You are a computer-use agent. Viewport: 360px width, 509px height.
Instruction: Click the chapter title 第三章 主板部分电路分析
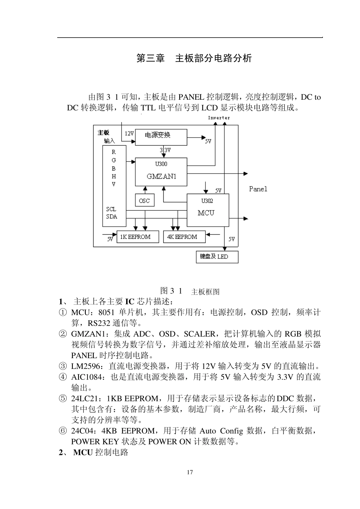click(194, 58)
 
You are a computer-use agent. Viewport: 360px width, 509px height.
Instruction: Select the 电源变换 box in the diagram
click(161, 137)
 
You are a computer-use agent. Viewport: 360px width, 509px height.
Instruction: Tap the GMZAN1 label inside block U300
click(161, 176)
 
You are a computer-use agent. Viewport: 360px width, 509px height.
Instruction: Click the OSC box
click(144, 200)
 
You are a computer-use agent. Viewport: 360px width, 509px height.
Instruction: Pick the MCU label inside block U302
click(206, 213)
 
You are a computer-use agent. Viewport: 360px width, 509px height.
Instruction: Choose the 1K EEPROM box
click(137, 237)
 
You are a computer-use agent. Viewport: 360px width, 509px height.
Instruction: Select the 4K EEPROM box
click(184, 237)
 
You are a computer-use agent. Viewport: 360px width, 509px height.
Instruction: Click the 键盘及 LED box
click(217, 257)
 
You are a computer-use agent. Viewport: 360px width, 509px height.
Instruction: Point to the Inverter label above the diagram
click(219, 118)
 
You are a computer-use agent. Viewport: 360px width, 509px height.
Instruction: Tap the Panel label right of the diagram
click(258, 189)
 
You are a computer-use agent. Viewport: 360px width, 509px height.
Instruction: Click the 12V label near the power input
click(129, 133)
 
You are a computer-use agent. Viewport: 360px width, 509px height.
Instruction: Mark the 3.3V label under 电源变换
click(165, 150)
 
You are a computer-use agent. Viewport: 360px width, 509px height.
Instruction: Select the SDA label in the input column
click(112, 216)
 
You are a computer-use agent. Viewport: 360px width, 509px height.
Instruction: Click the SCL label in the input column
click(111, 209)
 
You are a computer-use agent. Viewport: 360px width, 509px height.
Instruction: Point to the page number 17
click(190, 472)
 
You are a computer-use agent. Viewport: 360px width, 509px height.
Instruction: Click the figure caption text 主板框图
click(205, 291)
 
